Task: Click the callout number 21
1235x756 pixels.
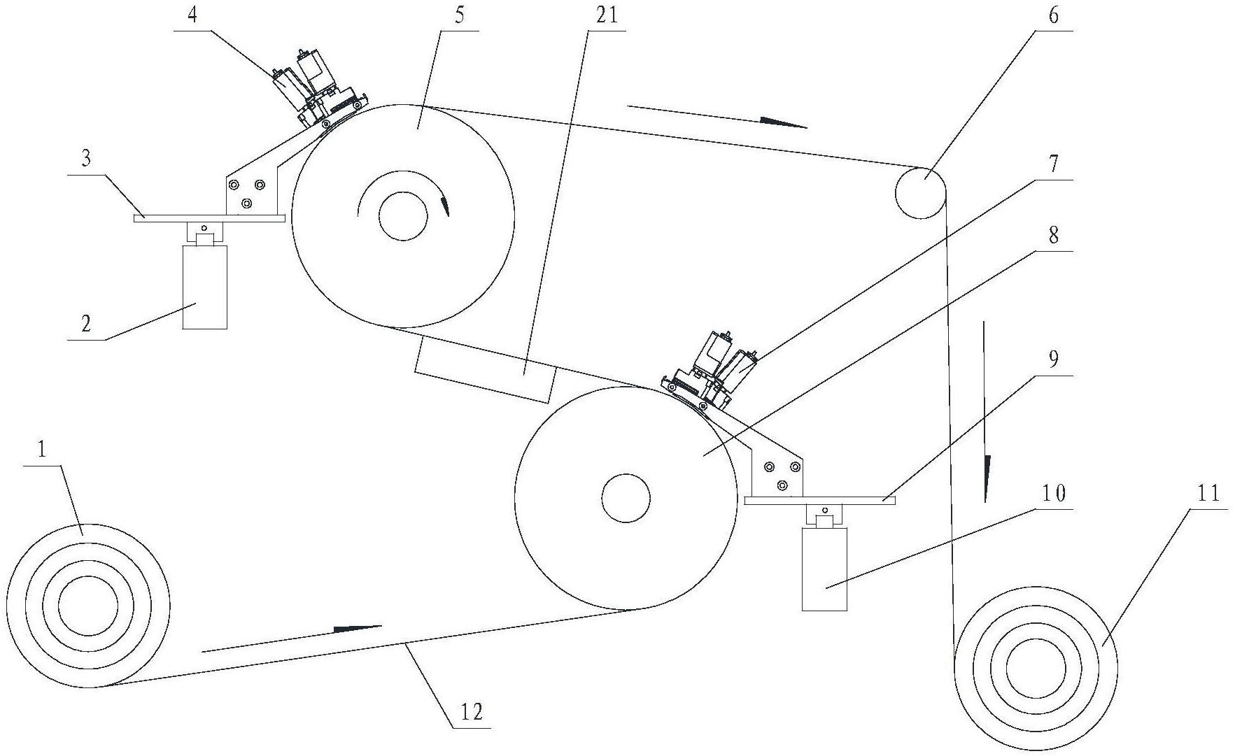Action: [606, 15]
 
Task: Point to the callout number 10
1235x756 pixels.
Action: [1053, 494]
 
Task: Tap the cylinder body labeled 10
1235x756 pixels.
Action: [824, 569]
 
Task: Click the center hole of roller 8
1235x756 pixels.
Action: [626, 498]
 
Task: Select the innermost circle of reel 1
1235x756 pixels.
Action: [88, 606]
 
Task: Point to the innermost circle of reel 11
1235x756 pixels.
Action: [1036, 667]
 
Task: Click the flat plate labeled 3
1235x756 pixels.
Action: [209, 217]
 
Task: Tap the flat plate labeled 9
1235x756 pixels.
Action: [820, 500]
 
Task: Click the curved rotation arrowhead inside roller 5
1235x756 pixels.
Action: [444, 207]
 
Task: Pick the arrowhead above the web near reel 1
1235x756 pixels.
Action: [358, 628]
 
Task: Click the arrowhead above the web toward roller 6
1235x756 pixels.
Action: [783, 123]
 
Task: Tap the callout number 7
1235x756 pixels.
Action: [1053, 165]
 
